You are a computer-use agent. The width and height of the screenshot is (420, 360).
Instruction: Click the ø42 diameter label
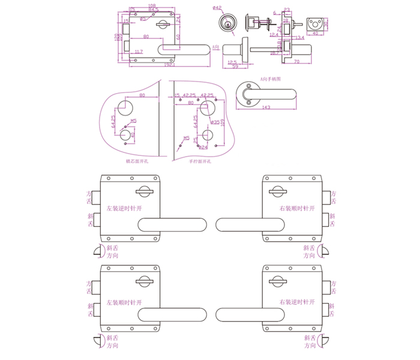pyautogui.click(x=217, y=8)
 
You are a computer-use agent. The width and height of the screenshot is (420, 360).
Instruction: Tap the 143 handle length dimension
pyautogui.click(x=266, y=108)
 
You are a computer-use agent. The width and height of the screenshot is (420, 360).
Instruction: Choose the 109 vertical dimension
pyautogui.click(x=223, y=122)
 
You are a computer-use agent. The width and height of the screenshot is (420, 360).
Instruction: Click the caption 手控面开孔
pyautogui.click(x=200, y=161)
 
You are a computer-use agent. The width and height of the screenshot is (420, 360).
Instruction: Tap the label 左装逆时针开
pyautogui.click(x=124, y=209)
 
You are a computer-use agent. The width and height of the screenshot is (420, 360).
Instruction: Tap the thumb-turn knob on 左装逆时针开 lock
pyautogui.click(x=145, y=191)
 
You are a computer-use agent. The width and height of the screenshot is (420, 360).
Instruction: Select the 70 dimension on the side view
pyautogui.click(x=296, y=62)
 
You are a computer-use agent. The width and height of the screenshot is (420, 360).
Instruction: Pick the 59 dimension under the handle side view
pyautogui.click(x=235, y=66)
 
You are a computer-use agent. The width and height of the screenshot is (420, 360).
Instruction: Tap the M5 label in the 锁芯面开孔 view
pyautogui.click(x=133, y=121)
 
